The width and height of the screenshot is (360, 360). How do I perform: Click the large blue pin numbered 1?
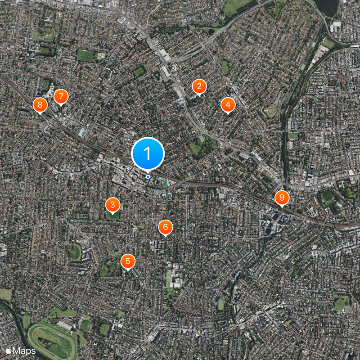tap(148, 154)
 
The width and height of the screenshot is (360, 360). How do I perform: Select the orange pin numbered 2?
tap(199, 86)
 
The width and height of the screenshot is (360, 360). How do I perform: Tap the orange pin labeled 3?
tap(112, 205)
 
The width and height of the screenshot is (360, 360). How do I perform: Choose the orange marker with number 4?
tap(228, 105)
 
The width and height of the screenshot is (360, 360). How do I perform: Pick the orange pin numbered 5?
tap(128, 261)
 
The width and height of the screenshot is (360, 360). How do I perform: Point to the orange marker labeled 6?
tap(165, 227)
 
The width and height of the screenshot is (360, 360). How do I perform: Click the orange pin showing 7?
tap(61, 96)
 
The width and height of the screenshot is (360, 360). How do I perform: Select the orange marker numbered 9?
tap(282, 197)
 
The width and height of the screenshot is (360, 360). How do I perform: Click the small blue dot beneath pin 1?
tap(148, 176)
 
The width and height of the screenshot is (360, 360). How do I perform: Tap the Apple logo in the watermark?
tap(8, 350)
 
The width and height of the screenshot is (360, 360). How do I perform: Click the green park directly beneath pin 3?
tap(112, 216)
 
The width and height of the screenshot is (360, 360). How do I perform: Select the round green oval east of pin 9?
tap(328, 196)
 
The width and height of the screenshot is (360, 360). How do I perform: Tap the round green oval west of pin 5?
tap(75, 252)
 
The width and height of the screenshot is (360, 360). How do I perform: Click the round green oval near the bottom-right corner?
tap(340, 304)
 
